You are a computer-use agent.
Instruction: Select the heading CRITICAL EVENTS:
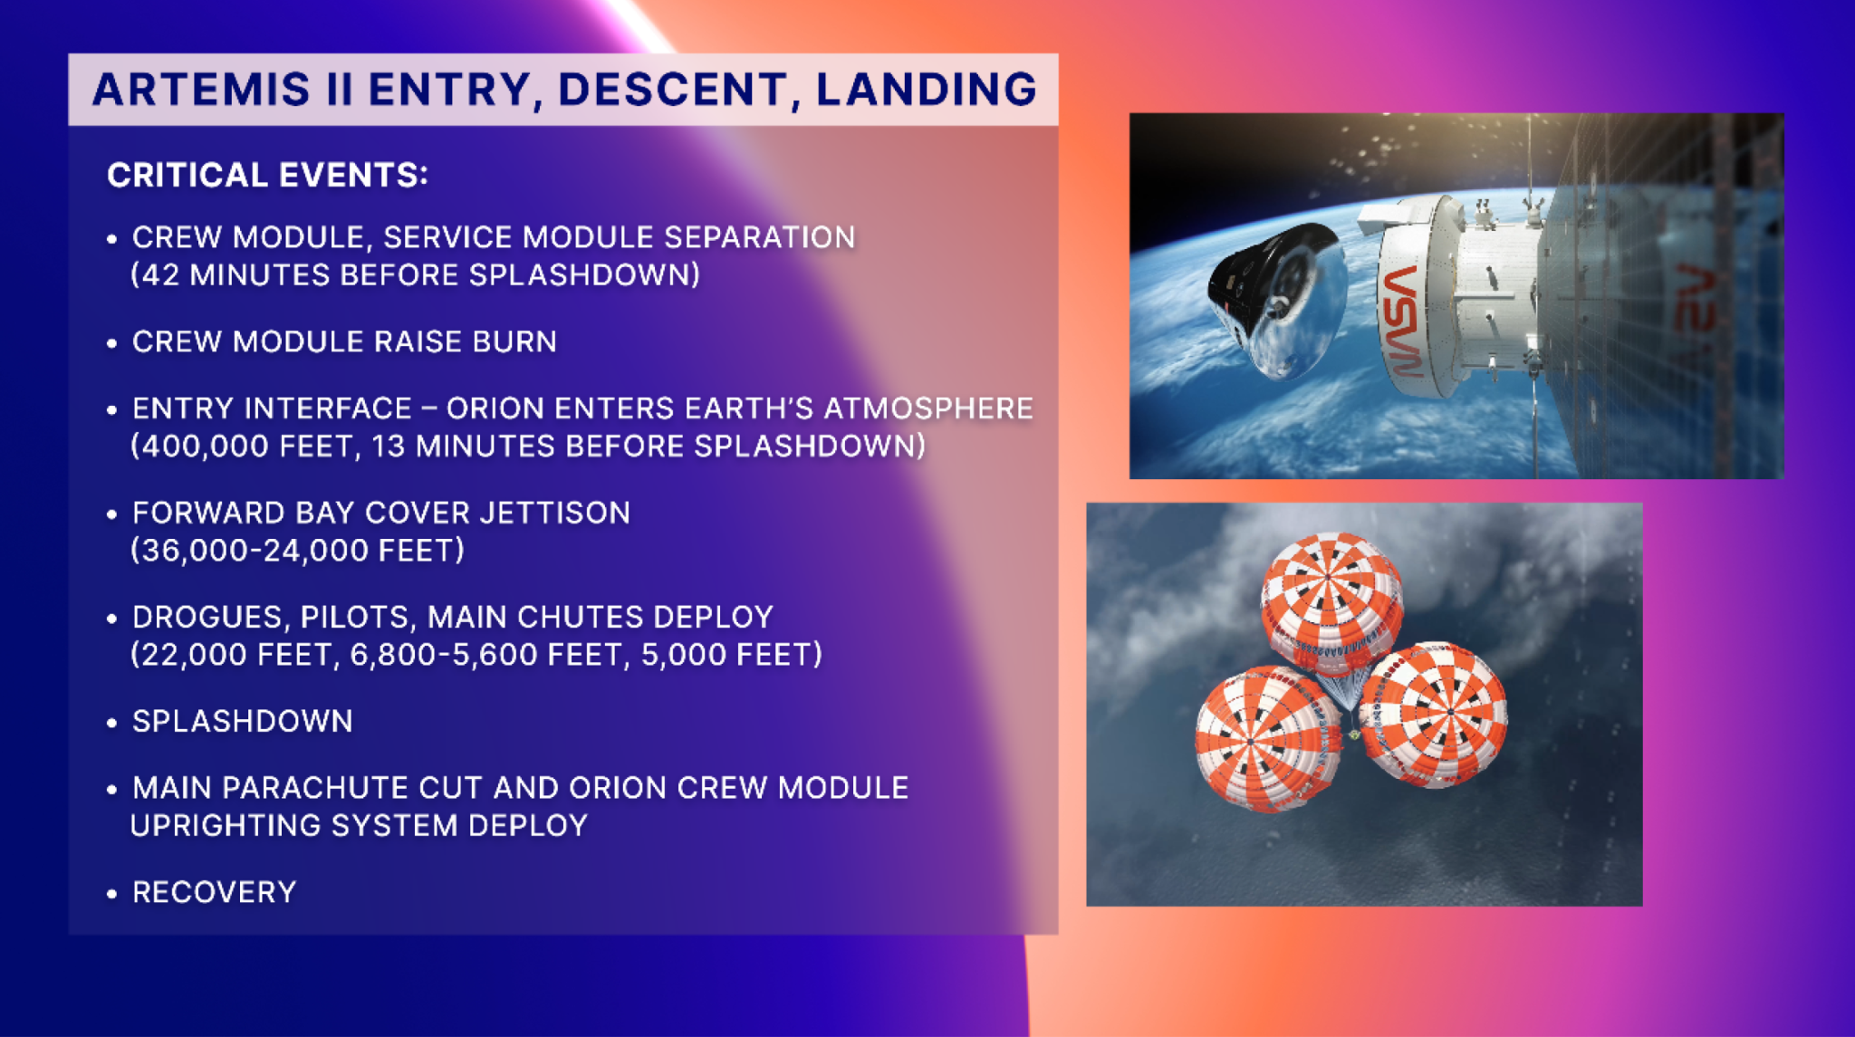coord(267,175)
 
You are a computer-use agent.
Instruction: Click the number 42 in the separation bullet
coord(160,275)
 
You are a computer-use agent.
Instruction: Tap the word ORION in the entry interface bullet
coord(495,408)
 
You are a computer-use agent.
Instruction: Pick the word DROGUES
coord(209,618)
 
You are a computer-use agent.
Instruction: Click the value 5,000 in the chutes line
coord(681,655)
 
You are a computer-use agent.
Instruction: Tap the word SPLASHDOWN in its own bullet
coord(243,722)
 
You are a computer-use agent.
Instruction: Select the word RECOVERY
coord(215,893)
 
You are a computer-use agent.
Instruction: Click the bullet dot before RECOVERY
coord(111,894)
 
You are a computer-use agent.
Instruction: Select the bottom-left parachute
coord(1266,738)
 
